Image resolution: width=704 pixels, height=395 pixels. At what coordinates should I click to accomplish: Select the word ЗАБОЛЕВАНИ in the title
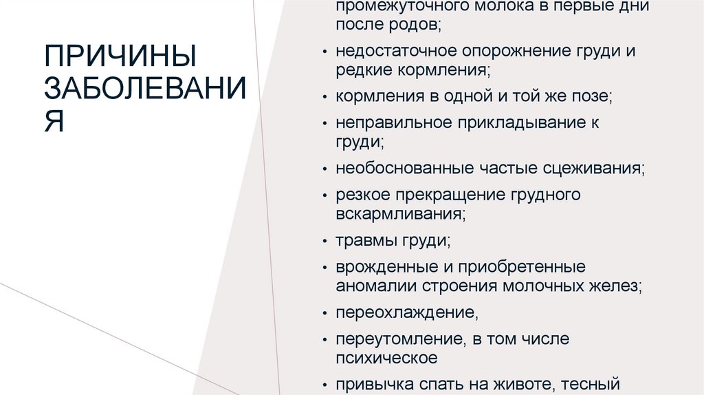coord(144,89)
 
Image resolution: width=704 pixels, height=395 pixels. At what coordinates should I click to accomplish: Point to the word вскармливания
coord(399,213)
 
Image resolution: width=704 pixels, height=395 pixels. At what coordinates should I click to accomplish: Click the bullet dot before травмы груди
coord(324,241)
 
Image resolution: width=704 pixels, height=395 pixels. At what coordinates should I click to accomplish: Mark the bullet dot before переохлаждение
coord(324,312)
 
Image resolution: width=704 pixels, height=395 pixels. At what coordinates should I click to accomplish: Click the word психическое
coord(386,357)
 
